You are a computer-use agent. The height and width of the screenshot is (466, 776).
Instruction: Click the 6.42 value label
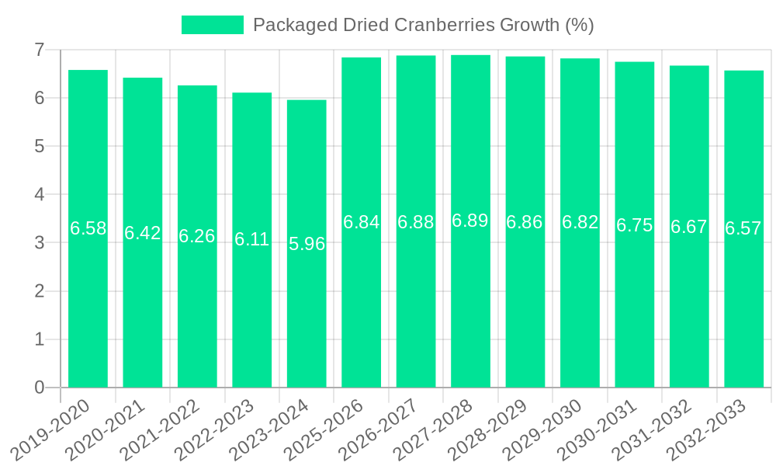[x=143, y=233]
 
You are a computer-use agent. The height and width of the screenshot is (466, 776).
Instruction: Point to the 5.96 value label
[x=307, y=244]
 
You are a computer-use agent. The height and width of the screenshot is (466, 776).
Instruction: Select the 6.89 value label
[x=470, y=221]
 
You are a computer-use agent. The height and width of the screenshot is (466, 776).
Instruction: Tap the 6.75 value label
[x=634, y=225]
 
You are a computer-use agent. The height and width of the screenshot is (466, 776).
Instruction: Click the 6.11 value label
[x=252, y=239]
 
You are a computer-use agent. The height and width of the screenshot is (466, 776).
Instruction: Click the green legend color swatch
[x=212, y=25]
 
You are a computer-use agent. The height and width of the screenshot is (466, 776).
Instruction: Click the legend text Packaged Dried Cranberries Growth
[x=423, y=25]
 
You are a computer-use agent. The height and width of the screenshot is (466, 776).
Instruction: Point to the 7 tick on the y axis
[x=39, y=50]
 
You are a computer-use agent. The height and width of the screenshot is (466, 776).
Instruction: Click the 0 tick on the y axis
[x=39, y=388]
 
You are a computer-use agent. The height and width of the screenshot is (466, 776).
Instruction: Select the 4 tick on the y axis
[x=39, y=194]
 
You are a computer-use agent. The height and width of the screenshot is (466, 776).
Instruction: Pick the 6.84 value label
[x=361, y=222]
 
